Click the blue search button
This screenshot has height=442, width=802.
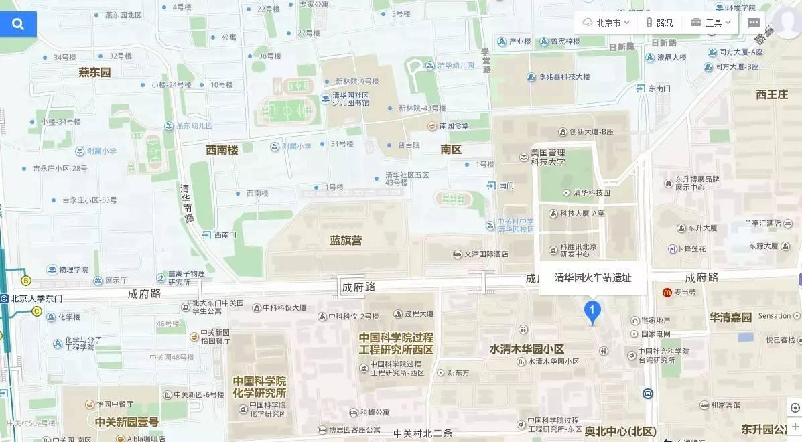coord(18,24)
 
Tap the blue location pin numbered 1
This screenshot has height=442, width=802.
coord(592,311)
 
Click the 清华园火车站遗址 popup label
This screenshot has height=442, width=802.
coord(592,278)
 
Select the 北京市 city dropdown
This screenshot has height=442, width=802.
coord(606,23)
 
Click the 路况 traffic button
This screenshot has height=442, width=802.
coord(659,23)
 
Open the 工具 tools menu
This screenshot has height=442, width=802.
coord(711,23)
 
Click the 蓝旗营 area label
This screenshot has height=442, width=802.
coord(346,240)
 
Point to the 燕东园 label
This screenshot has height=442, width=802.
coord(94,72)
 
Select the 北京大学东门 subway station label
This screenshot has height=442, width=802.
coord(36,299)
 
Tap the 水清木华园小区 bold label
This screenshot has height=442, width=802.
coord(527,349)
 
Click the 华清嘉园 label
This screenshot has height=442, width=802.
coord(730,317)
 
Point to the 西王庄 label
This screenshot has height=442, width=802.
coord(772,94)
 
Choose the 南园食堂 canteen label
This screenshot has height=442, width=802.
coord(454,125)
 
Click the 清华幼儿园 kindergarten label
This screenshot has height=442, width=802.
coord(455,66)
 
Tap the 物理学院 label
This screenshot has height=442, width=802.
coord(72,269)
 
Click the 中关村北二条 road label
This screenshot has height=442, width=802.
coord(423,433)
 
